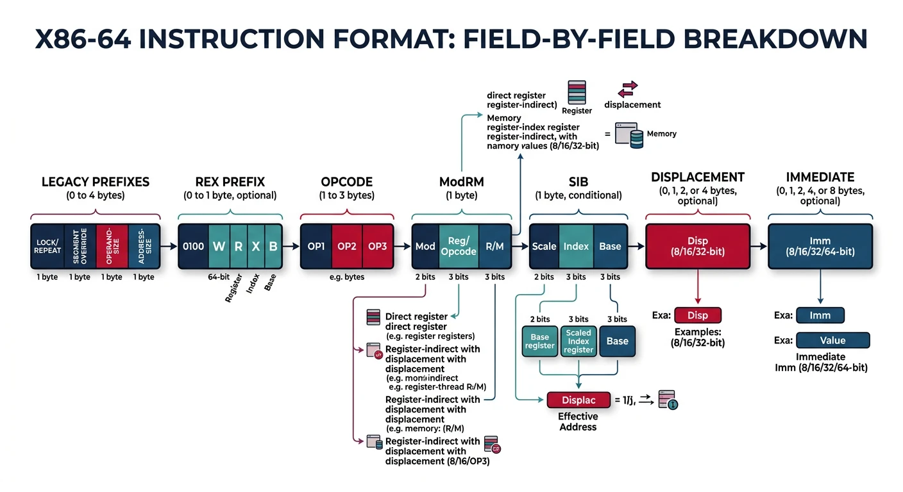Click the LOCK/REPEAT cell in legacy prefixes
tap(47, 246)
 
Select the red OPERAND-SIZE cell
tap(112, 246)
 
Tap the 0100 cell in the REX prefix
tap(193, 246)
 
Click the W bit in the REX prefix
tap(219, 246)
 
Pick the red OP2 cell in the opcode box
tap(347, 246)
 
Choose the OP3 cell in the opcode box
tap(377, 246)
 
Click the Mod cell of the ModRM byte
tap(425, 246)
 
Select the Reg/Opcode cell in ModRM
tap(459, 246)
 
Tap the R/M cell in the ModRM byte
tap(495, 246)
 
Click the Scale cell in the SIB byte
tap(544, 246)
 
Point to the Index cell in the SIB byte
tap(576, 246)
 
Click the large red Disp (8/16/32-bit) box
tap(698, 246)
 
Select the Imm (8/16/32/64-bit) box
tap(820, 246)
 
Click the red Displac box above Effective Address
tap(578, 400)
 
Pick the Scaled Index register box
tap(578, 341)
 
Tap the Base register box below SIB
tap(539, 341)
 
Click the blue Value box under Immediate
tap(832, 340)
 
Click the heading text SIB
tap(578, 181)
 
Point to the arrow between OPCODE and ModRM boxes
tap(401, 246)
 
